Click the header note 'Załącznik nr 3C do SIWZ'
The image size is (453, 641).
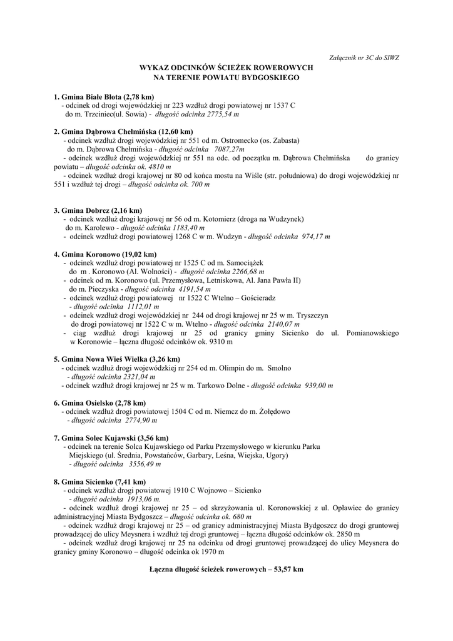364,58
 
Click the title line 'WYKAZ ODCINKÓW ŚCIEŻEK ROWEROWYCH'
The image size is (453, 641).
226,68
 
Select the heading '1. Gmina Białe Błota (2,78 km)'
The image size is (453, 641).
104,97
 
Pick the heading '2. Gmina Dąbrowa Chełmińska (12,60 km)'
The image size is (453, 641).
123,131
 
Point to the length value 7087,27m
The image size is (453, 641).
228,150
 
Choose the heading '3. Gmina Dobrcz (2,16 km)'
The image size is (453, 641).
98,210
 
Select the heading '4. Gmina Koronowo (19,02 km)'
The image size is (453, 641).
105,255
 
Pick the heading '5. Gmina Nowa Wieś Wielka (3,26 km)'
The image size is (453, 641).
116,359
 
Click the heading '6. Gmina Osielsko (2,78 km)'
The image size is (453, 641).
99,403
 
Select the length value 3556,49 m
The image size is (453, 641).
145,464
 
